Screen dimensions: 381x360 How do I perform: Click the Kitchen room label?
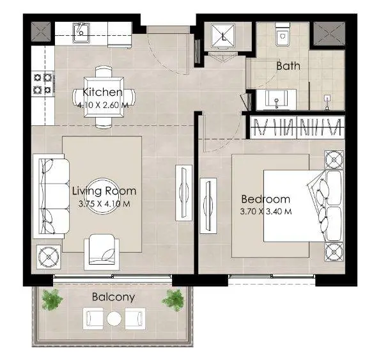pyautogui.click(x=102, y=92)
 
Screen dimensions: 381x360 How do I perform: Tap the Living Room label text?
pyautogui.click(x=104, y=191)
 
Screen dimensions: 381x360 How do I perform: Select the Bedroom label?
pyautogui.click(x=265, y=200)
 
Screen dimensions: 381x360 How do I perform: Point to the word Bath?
pyautogui.click(x=288, y=66)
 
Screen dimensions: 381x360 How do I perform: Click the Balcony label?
pyautogui.click(x=113, y=297)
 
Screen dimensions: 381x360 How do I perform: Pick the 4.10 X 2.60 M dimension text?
pyautogui.click(x=103, y=106)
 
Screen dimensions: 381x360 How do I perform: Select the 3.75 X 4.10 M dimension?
pyautogui.click(x=104, y=204)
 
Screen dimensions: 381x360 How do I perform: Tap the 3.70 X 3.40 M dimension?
pyautogui.click(x=266, y=212)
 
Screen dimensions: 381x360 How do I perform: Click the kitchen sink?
pyautogui.click(x=82, y=33)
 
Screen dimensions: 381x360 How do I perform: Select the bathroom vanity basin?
pyautogui.click(x=276, y=99)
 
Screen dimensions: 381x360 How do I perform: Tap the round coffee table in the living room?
pyautogui.click(x=102, y=196)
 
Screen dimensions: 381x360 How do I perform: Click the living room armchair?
pyautogui.click(x=102, y=252)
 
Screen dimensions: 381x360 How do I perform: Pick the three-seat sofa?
pyautogui.click(x=51, y=196)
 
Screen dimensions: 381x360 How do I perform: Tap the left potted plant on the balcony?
pyautogui.click(x=52, y=299)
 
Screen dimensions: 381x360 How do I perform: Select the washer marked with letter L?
pyautogui.click(x=223, y=36)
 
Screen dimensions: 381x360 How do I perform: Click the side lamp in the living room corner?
pyautogui.click(x=49, y=257)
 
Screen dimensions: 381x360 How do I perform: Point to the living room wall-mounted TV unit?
pyautogui.click(x=183, y=192)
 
